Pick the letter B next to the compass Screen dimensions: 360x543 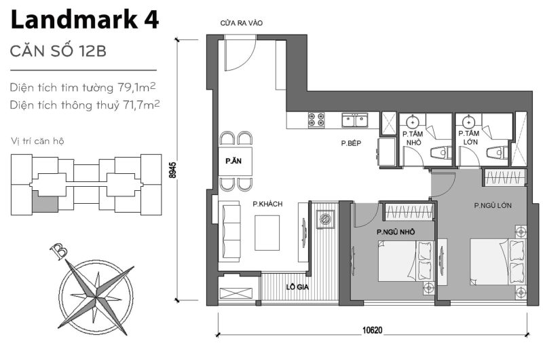(x=62, y=253)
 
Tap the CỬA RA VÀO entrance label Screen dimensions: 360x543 (x=241, y=23)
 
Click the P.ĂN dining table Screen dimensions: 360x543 (x=236, y=162)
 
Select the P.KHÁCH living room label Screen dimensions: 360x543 (x=267, y=204)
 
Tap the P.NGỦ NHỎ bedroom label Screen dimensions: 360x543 (x=396, y=232)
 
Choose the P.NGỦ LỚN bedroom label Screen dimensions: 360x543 (x=493, y=205)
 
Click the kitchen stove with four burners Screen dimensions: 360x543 (x=316, y=120)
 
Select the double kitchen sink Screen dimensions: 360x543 (x=355, y=121)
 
